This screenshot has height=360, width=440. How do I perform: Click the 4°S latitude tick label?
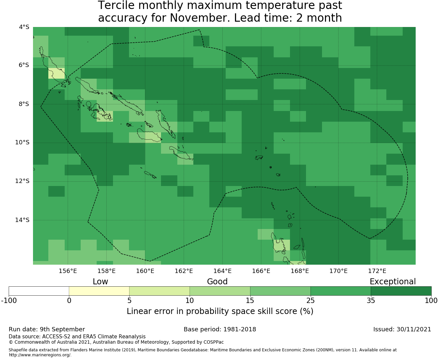tap(24, 27)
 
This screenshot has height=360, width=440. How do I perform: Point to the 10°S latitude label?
tap(22, 143)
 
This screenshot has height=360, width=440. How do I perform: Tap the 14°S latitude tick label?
tap(22, 220)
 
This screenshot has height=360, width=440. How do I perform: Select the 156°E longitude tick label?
tap(68, 271)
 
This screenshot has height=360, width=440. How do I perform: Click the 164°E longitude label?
tap(222, 271)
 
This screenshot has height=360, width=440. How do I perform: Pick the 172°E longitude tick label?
tap(377, 271)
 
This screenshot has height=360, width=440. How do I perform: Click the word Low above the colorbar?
tap(100, 282)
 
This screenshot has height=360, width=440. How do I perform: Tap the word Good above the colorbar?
tap(217, 282)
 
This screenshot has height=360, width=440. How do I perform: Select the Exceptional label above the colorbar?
tap(393, 282)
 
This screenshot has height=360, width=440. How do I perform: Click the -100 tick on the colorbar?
tap(9, 301)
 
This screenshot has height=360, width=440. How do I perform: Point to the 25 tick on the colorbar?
tap(310, 301)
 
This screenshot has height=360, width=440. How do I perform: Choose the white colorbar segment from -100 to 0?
tap(39, 291)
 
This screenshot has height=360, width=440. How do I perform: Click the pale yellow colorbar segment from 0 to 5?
tap(99, 291)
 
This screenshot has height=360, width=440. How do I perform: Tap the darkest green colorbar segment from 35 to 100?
tap(401, 291)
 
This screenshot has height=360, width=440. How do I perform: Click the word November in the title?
tap(200, 18)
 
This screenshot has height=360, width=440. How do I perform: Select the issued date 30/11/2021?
tap(414, 329)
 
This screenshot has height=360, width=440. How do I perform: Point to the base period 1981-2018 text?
tap(220, 329)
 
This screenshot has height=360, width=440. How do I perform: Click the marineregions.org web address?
tap(40, 355)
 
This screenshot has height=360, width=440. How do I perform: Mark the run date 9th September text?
tap(47, 329)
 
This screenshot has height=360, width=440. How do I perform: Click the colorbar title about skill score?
tap(220, 311)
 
